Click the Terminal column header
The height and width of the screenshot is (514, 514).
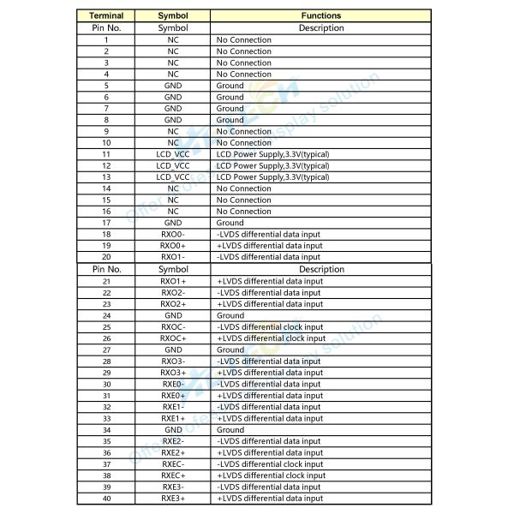[x=106, y=15]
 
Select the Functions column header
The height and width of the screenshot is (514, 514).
[x=321, y=15]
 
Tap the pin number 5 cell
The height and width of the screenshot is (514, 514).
[x=106, y=86]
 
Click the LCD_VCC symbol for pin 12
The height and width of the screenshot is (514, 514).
[x=173, y=165]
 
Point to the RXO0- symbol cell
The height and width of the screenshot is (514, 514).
[x=173, y=234]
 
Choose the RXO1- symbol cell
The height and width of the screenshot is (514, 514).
[x=173, y=257]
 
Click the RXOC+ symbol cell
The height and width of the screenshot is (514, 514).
[x=173, y=338]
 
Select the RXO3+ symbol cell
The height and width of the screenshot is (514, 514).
[x=173, y=373]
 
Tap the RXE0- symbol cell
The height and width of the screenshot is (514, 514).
[x=173, y=384]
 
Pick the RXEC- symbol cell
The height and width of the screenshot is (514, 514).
[x=173, y=464]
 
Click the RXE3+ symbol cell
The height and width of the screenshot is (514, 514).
[x=173, y=499]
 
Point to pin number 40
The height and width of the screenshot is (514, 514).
[x=106, y=499]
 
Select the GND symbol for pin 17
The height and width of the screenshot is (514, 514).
[x=173, y=223]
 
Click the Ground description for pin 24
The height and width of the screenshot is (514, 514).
[x=230, y=315]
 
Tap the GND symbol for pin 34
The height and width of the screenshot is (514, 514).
[x=173, y=430]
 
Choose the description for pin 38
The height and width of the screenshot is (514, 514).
[x=271, y=475]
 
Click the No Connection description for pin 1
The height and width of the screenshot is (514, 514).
[x=243, y=40]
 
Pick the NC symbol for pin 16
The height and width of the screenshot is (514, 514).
[x=173, y=212]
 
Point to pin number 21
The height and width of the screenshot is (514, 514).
[x=106, y=281]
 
